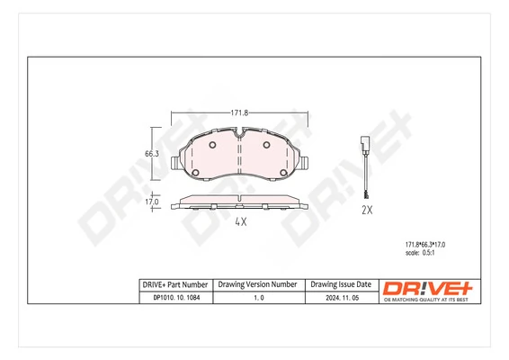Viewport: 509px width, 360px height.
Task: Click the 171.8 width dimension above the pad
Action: point(239,112)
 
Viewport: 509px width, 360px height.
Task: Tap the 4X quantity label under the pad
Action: point(240,221)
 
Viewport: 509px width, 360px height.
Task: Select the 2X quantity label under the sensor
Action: point(366,210)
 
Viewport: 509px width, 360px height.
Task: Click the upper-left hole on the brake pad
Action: point(212,144)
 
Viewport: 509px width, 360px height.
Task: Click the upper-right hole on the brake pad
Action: point(266,144)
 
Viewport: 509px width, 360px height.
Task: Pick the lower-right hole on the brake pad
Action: point(282,174)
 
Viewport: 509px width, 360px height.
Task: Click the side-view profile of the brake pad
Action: point(239,201)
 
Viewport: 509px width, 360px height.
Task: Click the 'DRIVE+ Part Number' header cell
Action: point(175,283)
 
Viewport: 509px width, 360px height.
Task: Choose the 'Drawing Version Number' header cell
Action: point(258,283)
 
